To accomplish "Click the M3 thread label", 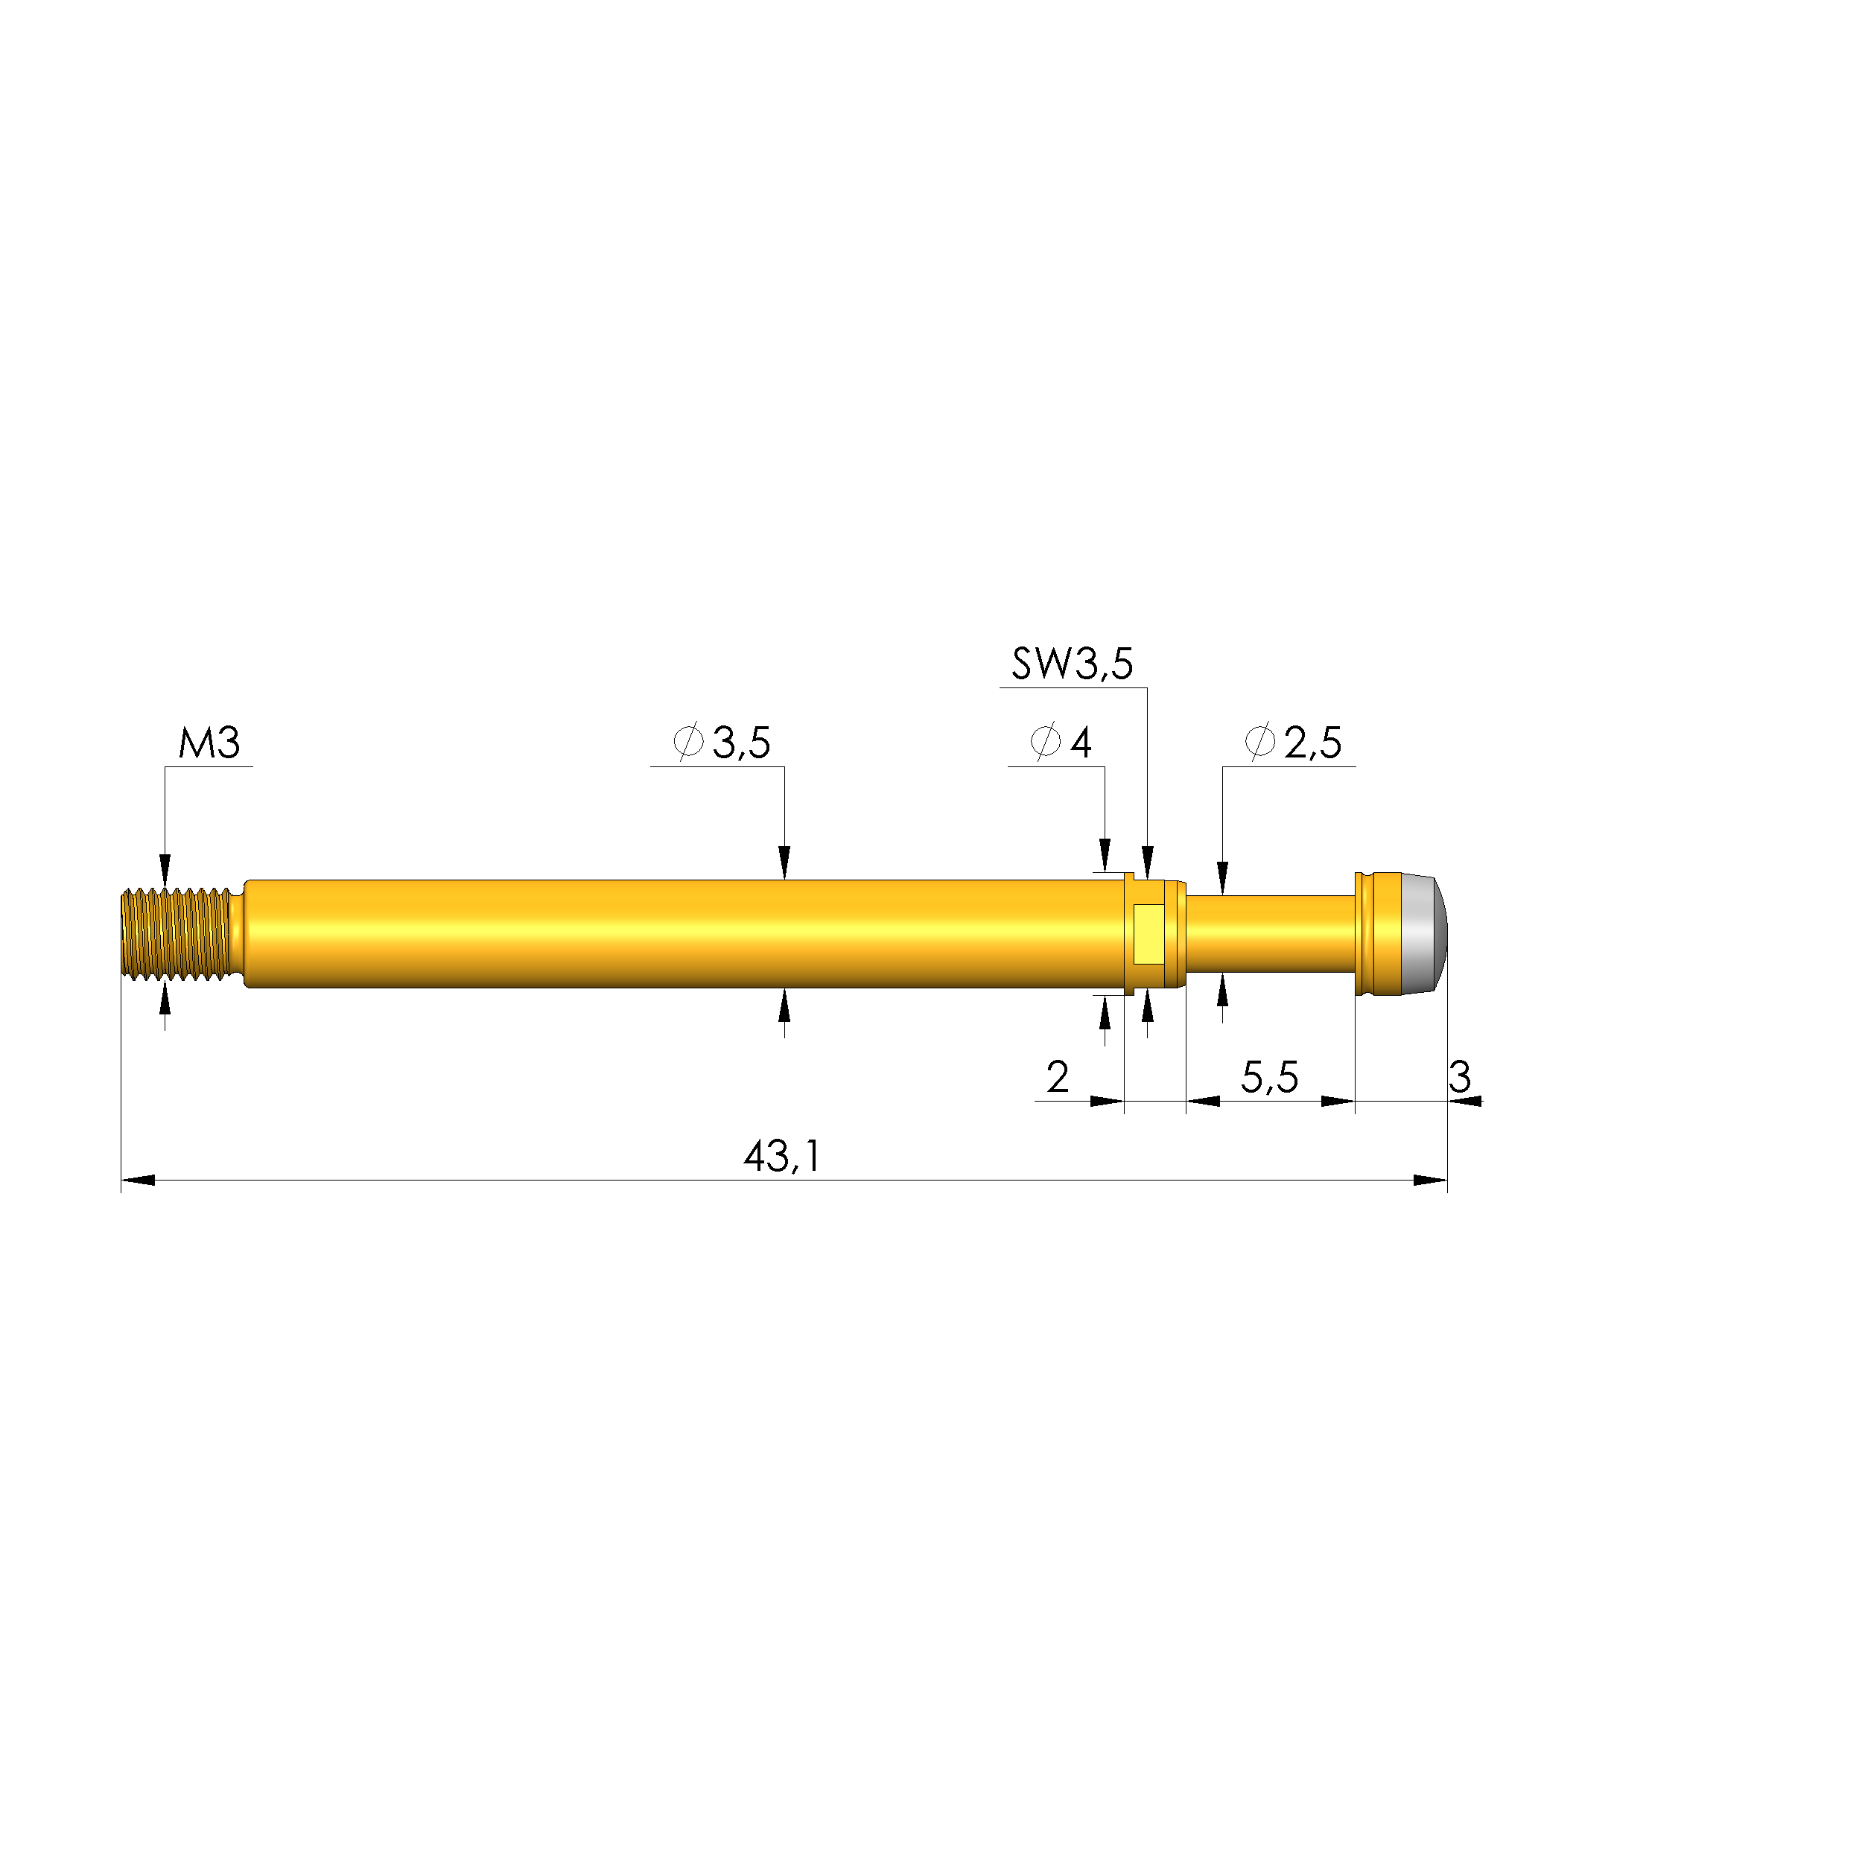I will tap(209, 743).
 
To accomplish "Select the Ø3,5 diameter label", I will tap(722, 743).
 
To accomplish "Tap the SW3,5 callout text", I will tap(1072, 664).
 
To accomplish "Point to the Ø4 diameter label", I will tap(1061, 743).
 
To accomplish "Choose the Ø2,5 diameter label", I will tap(1294, 743).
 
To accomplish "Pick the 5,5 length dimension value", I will tap(1268, 1077).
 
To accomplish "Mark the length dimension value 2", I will tap(1057, 1077).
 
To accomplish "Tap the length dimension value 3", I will tap(1460, 1077).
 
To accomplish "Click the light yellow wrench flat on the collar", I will tap(1148, 933).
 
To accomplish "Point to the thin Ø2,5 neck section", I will tap(1269, 933).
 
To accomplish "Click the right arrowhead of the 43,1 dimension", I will tap(1431, 1180).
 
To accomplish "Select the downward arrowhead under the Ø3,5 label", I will tap(784, 862).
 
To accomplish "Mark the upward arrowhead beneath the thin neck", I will tap(1223, 988).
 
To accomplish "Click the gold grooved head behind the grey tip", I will tap(1379, 933).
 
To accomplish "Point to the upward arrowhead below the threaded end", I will tap(165, 999).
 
